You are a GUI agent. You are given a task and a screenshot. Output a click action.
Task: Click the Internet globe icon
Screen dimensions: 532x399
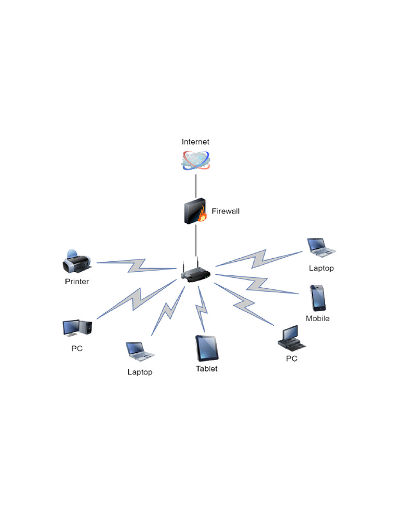195,161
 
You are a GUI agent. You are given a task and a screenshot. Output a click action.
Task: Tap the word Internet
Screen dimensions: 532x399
195,142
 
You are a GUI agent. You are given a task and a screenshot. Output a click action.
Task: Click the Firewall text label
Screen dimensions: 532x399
225,211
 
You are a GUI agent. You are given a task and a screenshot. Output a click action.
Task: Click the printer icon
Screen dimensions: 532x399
76,263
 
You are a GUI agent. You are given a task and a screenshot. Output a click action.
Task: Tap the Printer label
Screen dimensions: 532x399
77,282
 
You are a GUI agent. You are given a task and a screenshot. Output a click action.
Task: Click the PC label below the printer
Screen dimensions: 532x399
77,349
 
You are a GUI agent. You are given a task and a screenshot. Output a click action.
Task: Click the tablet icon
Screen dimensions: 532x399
206,348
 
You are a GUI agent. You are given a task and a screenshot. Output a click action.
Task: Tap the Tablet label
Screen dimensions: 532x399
206,369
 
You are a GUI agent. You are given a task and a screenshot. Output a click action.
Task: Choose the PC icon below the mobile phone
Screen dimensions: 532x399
291,338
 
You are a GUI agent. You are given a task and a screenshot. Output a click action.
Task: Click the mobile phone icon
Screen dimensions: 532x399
317,298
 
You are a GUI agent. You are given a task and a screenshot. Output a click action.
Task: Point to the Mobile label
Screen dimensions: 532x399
317,318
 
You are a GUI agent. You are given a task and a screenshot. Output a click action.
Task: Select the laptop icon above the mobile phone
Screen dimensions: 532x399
321,248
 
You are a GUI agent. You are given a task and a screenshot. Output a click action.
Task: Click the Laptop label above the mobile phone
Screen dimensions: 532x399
321,269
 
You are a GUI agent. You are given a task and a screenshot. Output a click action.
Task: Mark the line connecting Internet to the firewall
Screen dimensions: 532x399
196,185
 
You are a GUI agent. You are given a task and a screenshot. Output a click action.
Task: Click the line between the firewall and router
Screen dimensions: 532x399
196,241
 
